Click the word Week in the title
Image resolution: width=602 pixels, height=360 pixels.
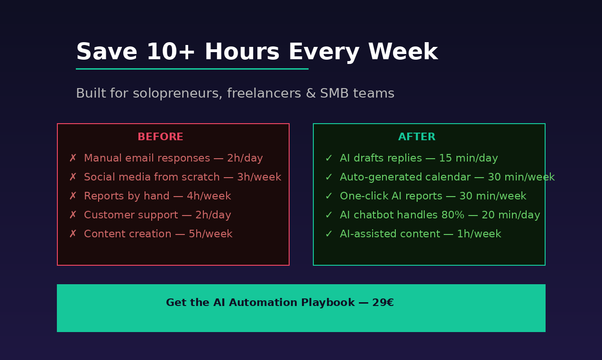(x=402, y=52)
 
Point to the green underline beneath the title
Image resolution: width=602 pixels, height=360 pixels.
(x=192, y=69)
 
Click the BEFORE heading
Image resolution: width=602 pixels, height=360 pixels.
(x=160, y=137)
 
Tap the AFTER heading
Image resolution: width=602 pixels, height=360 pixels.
(x=417, y=137)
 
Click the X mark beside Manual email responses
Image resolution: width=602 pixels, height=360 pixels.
(x=73, y=158)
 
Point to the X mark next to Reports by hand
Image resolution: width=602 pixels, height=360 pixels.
(x=73, y=196)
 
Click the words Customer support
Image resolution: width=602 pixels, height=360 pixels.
(x=131, y=215)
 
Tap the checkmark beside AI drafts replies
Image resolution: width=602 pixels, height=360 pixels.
(x=328, y=158)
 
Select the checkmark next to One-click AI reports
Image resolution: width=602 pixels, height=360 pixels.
(x=328, y=196)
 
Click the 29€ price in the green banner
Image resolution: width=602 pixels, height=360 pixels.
(x=383, y=303)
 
